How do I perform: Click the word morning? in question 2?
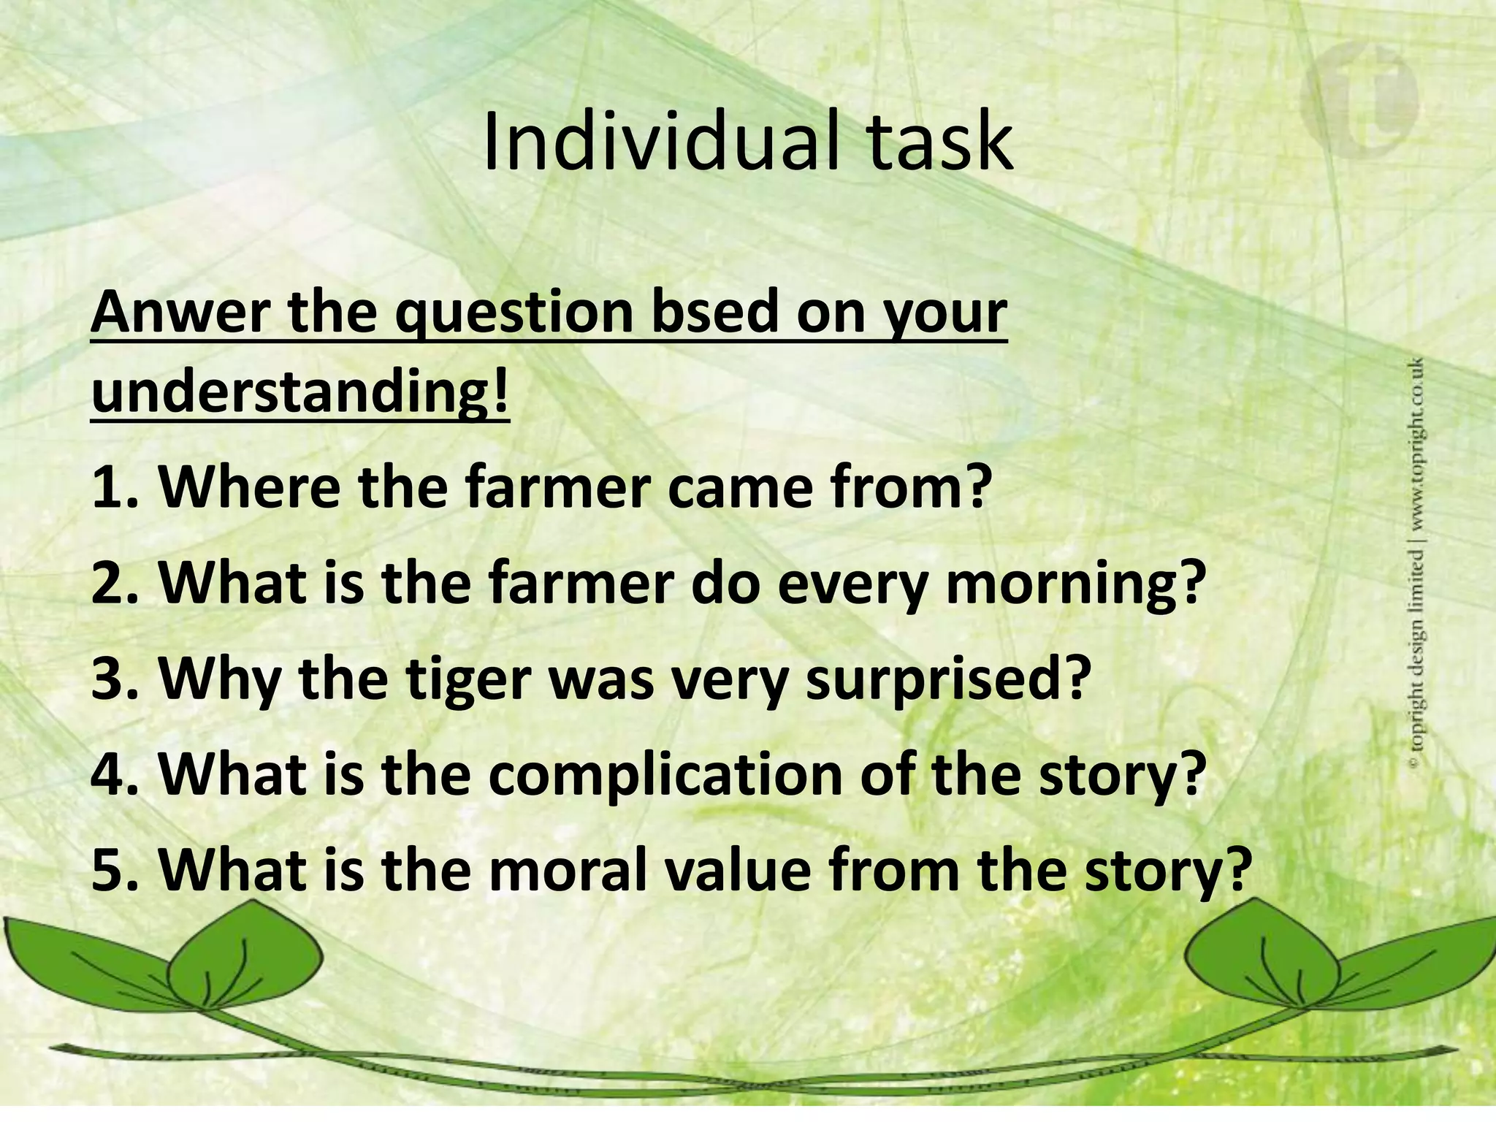coord(1074,584)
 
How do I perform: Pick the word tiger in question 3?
coord(467,679)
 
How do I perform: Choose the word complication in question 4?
coord(665,776)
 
